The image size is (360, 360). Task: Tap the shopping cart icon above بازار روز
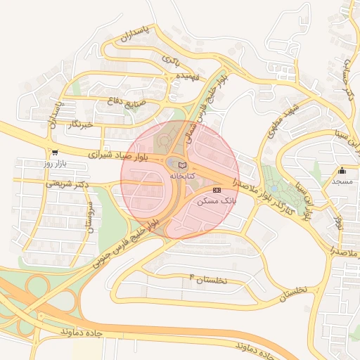[x=54, y=153]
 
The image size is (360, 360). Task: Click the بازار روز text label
[x=54, y=163]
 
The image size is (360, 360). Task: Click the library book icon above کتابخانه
[x=183, y=165]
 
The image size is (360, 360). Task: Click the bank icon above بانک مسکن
[x=216, y=191]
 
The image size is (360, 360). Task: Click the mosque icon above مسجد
[x=342, y=170]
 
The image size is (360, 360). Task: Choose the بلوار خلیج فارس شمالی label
[x=205, y=105]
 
